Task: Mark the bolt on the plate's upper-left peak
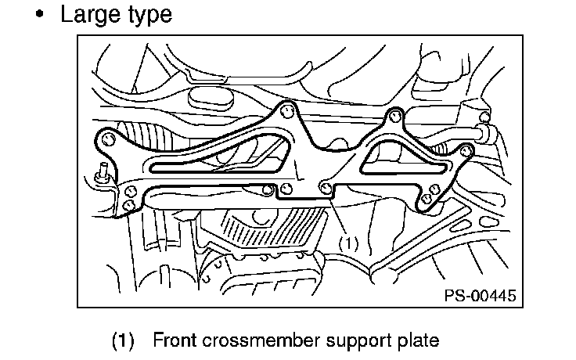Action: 287,110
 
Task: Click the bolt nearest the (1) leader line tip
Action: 325,187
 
